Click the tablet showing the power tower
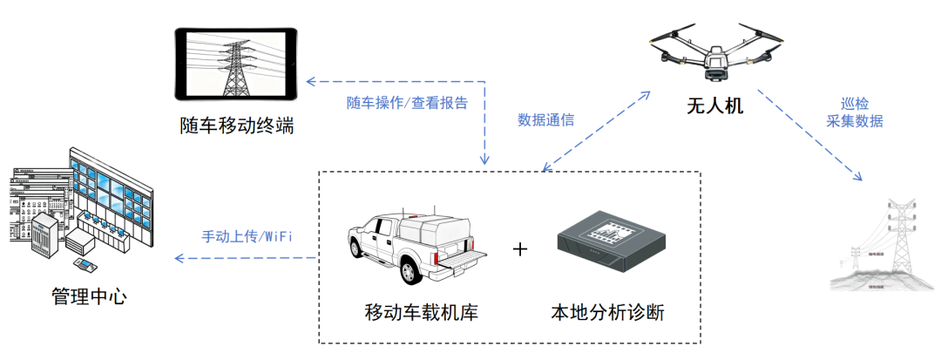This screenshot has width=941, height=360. click(236, 63)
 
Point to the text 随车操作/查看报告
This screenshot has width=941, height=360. click(408, 102)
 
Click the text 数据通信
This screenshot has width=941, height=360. click(545, 119)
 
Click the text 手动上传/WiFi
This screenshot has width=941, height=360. click(247, 236)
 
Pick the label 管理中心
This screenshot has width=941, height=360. click(90, 296)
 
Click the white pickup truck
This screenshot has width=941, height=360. click(415, 244)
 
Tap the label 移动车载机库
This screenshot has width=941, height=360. click(421, 312)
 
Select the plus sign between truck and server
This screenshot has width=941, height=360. click(520, 249)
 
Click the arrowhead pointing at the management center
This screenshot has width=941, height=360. click(179, 258)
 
